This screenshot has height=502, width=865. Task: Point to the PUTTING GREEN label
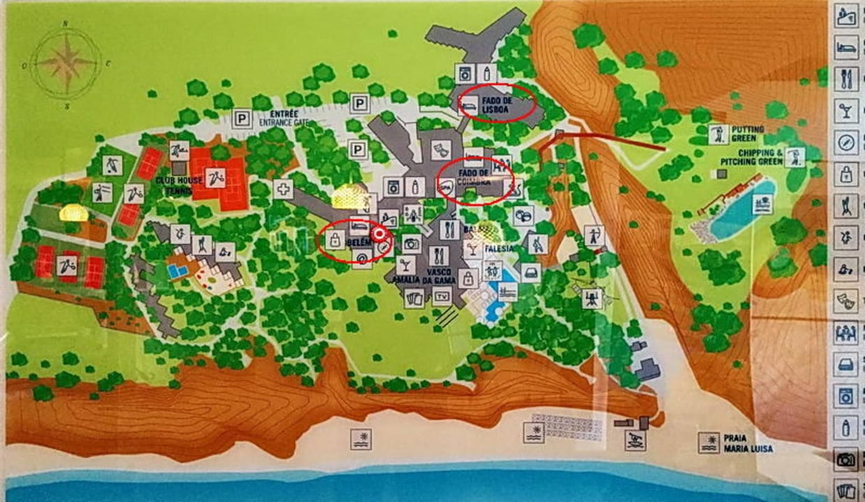[748, 133]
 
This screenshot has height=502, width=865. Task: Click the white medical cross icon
[283, 189]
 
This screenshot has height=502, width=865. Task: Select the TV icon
[441, 296]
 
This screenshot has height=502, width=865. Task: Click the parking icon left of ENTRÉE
[242, 119]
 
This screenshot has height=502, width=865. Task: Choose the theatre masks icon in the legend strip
[845, 301]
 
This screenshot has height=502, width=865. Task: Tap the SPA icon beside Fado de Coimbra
[447, 185]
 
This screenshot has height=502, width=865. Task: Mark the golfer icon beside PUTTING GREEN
[717, 134]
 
